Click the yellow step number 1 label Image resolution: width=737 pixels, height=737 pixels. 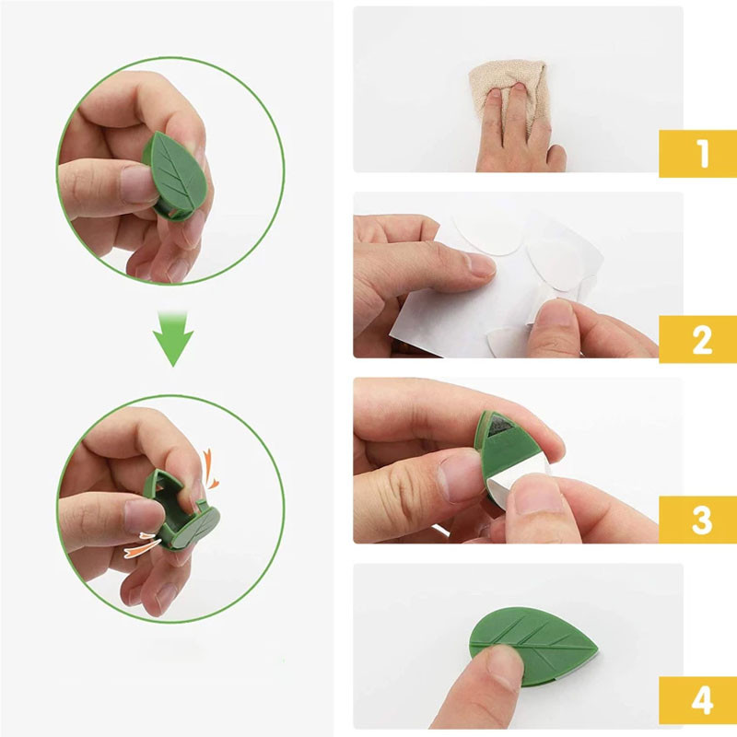[698, 154]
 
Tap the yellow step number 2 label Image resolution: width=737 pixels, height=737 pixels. [698, 339]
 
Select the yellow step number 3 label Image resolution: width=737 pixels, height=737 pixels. [698, 520]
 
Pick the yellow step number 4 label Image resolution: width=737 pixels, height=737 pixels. [698, 700]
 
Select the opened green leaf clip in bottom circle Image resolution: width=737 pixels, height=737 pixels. [181, 510]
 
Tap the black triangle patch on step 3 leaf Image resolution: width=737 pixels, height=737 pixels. [499, 427]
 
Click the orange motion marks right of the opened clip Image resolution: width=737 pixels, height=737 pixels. [210, 469]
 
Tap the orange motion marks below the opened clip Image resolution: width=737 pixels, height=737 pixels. [142, 545]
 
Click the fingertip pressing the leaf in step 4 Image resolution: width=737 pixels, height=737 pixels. [499, 663]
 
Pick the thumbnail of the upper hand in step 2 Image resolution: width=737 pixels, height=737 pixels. [478, 264]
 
